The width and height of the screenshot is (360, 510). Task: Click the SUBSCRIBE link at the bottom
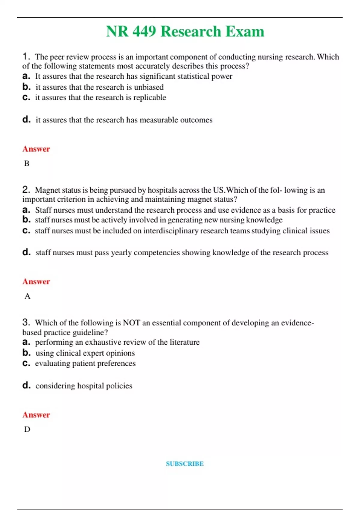click(x=185, y=463)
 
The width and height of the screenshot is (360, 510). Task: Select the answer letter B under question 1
click(x=27, y=163)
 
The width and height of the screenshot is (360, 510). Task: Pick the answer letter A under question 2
click(x=27, y=296)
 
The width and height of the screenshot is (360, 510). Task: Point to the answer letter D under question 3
click(x=27, y=429)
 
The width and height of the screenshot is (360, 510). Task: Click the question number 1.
click(x=26, y=56)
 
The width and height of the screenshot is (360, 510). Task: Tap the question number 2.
click(x=26, y=189)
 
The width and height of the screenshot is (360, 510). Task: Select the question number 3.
click(x=26, y=322)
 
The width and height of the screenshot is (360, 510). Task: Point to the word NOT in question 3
click(x=131, y=323)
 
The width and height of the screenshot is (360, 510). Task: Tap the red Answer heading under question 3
click(x=36, y=415)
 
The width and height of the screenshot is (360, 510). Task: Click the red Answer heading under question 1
click(x=36, y=149)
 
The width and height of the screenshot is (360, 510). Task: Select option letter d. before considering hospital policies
click(x=26, y=385)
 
